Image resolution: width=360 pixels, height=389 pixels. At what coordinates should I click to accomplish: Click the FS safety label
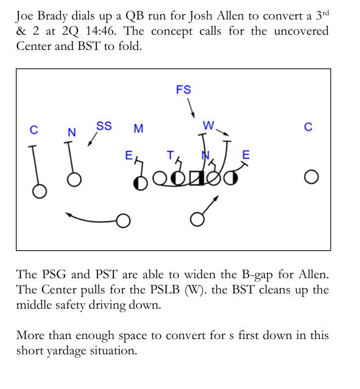pyautogui.click(x=183, y=89)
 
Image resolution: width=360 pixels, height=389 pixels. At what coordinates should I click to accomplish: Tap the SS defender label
pyautogui.click(x=104, y=126)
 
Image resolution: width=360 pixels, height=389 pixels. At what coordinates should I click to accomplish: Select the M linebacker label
pyautogui.click(x=138, y=128)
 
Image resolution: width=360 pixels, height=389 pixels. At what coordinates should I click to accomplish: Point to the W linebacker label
pyautogui.click(x=208, y=125)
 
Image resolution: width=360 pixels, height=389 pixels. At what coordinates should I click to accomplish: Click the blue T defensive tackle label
pyautogui.click(x=171, y=156)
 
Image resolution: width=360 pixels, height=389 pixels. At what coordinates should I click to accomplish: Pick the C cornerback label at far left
pyautogui.click(x=34, y=130)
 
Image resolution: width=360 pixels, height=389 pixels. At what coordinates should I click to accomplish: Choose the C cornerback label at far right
pyautogui.click(x=308, y=127)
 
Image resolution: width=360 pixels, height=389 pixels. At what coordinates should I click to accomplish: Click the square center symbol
pyautogui.click(x=197, y=178)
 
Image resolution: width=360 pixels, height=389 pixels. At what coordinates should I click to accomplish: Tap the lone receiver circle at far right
pyautogui.click(x=311, y=177)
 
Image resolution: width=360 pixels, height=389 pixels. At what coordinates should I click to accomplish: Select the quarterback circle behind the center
pyautogui.click(x=197, y=219)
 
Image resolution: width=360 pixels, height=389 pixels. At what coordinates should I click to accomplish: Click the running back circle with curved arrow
pyautogui.click(x=123, y=220)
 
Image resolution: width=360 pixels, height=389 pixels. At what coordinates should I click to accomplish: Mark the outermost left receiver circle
pyautogui.click(x=40, y=191)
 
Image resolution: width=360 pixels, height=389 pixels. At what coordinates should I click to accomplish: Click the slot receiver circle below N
pyautogui.click(x=74, y=180)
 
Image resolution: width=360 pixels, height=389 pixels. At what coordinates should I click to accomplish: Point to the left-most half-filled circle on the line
pyautogui.click(x=141, y=183)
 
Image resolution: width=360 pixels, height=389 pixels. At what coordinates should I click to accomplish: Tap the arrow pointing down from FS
pyautogui.click(x=191, y=108)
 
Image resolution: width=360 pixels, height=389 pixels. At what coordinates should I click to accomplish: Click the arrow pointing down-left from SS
pyautogui.click(x=93, y=139)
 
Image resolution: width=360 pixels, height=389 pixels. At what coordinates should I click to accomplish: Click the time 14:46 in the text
pyautogui.click(x=101, y=31)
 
